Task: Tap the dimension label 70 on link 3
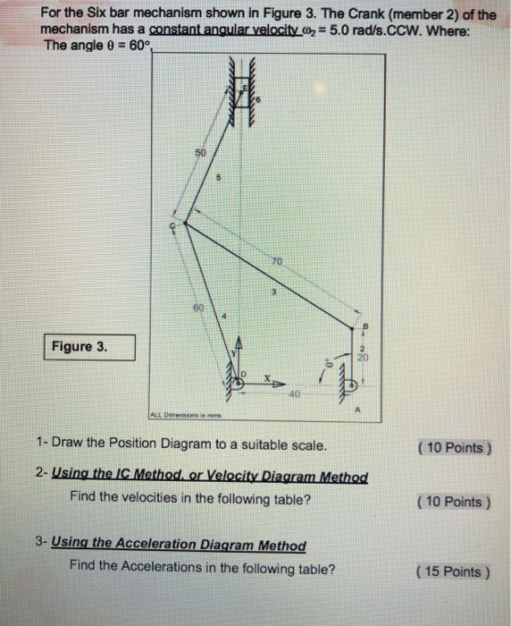[279, 263]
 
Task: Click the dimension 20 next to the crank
[362, 356]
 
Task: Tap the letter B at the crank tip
[362, 326]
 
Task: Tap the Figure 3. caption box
[91, 347]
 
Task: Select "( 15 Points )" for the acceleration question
[452, 571]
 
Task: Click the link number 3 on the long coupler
[276, 292]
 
